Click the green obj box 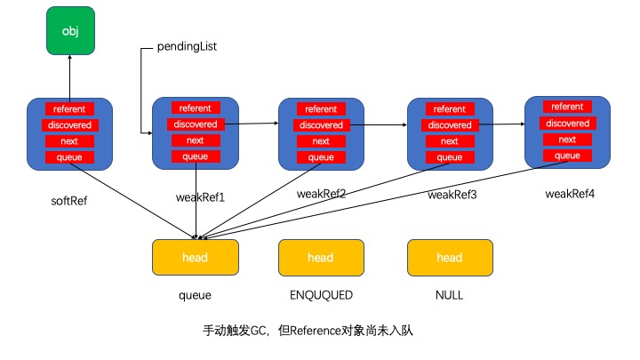point(69,31)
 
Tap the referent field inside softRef point(69,109)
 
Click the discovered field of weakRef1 point(195,124)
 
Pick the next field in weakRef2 point(321,141)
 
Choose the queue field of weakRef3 point(449,157)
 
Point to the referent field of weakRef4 point(566,107)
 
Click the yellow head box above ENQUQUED point(320,258)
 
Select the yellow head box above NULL point(449,258)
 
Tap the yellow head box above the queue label point(195,258)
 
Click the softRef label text point(69,200)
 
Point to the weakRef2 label point(321,193)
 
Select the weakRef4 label point(569,194)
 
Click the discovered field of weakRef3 point(449,125)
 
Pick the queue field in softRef point(69,158)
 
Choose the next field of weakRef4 point(566,140)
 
